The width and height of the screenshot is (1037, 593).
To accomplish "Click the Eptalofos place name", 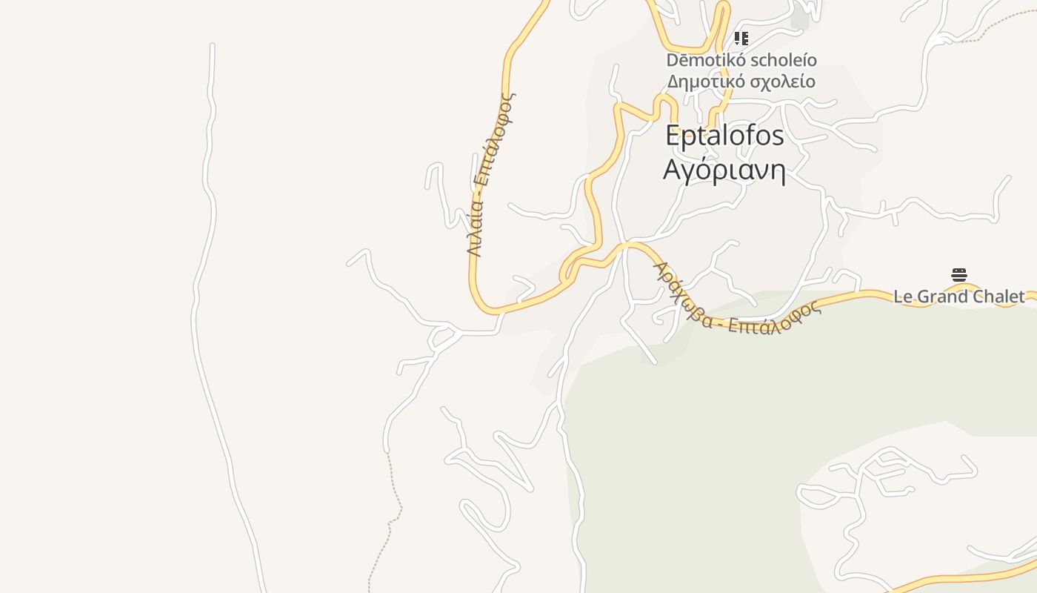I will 724,136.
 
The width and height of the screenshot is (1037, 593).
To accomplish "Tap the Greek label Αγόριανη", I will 724,170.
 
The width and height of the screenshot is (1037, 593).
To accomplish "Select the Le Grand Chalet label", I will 958,296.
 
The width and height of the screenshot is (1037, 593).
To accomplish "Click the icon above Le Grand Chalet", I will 959,275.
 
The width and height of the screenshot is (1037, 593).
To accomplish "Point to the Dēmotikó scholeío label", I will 741,60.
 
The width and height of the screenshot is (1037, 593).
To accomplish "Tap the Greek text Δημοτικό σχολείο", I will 741,82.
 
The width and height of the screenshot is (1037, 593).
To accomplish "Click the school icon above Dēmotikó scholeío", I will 741,39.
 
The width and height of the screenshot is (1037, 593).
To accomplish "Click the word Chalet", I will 997,296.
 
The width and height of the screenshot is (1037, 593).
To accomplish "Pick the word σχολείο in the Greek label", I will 782,82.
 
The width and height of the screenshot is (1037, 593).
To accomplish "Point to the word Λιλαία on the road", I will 475,232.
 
